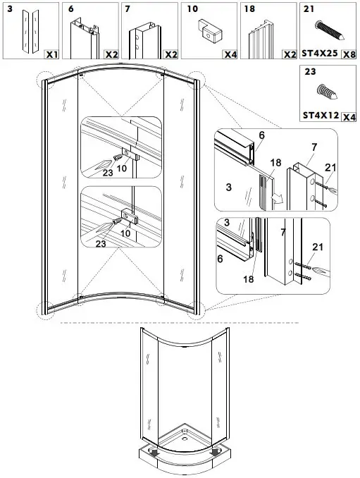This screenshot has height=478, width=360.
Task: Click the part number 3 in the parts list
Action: click(x=9, y=9)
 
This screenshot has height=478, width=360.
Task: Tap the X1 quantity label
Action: click(x=51, y=54)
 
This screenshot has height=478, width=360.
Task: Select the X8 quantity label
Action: click(x=347, y=54)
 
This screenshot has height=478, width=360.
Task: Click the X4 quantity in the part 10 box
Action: click(x=230, y=54)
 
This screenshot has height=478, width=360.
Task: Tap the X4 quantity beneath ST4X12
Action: click(x=347, y=116)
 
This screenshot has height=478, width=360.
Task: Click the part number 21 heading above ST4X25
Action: click(x=309, y=9)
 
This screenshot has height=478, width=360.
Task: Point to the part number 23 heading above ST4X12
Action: click(x=309, y=71)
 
